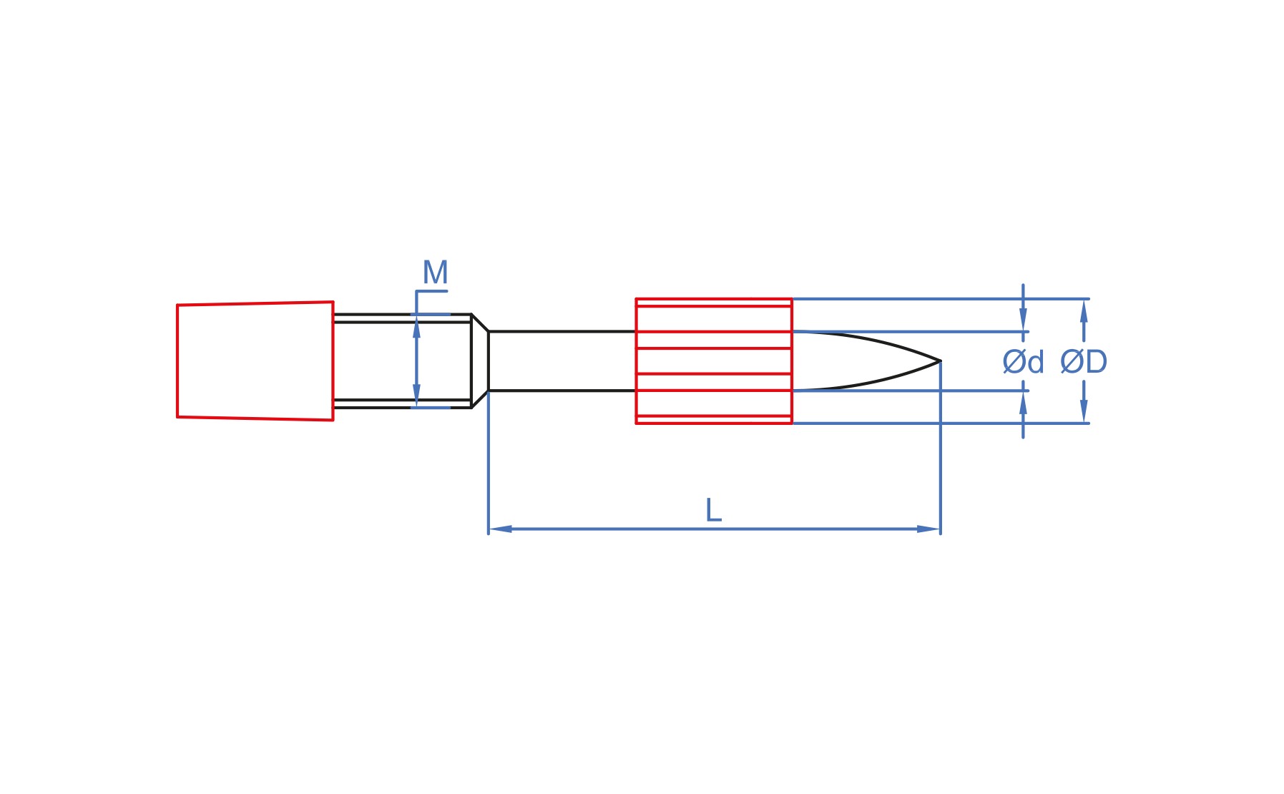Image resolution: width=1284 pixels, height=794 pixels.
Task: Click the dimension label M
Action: point(435,273)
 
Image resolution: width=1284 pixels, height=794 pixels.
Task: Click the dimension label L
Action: point(713,511)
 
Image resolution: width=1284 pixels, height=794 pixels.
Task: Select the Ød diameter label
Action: point(1023,362)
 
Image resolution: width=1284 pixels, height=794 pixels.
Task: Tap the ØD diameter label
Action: point(1084,362)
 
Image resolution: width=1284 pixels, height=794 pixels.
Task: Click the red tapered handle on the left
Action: point(255,361)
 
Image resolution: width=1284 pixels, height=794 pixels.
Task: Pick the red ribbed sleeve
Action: point(714,361)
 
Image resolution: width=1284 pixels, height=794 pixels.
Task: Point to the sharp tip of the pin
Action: point(940,361)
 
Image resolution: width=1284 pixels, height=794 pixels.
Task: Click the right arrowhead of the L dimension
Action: point(928,529)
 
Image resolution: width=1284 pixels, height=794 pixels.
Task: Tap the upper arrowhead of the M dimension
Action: point(416,329)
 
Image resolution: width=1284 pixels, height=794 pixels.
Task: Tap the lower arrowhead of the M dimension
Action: point(416,393)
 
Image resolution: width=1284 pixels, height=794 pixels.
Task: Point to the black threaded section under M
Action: point(402,361)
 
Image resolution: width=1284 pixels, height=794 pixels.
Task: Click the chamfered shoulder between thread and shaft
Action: point(480,361)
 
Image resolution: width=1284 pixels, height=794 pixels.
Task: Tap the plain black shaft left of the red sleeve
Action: point(562,361)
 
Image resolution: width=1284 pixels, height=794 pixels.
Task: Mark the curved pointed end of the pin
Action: point(866,361)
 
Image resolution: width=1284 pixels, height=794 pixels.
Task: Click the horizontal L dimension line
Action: point(714,529)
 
